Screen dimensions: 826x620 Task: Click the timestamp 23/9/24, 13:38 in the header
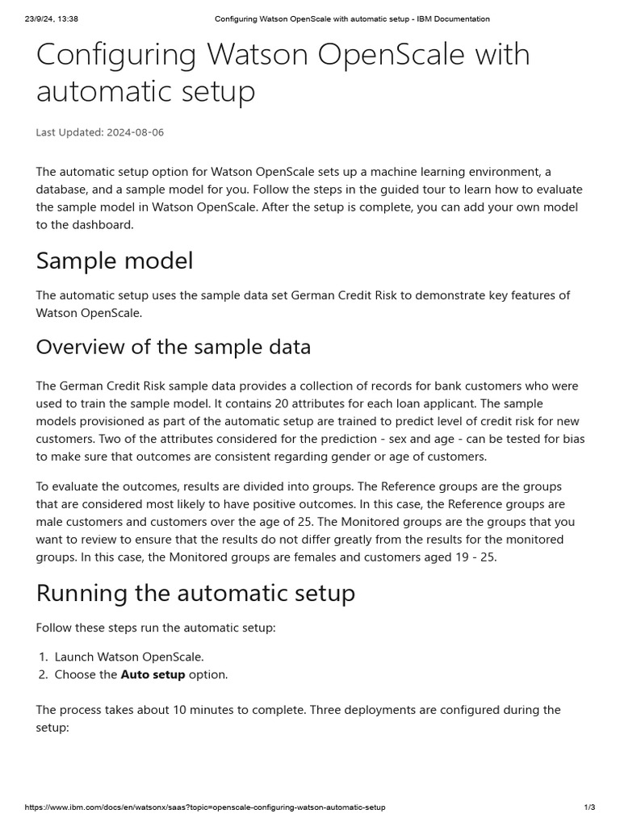pos(51,19)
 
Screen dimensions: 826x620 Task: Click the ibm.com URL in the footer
pos(205,807)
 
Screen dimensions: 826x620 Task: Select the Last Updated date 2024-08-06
pos(135,132)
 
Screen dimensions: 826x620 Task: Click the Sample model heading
pos(115,261)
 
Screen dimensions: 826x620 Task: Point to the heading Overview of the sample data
pos(174,347)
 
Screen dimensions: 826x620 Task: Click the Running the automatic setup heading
pos(195,593)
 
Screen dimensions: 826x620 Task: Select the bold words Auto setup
pos(153,674)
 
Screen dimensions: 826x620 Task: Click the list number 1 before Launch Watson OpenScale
pos(44,657)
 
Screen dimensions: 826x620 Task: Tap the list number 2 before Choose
pos(44,674)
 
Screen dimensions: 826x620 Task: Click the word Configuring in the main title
pos(116,56)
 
